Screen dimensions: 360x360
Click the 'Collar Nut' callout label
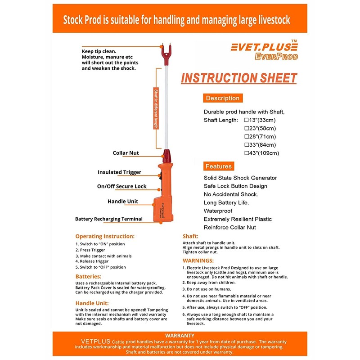point(126,153)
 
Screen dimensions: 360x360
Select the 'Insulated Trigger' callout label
point(119,172)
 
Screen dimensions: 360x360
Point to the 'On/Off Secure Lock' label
point(121,186)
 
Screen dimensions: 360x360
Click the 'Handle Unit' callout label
point(123,202)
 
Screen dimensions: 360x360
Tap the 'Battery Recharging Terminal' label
point(109,219)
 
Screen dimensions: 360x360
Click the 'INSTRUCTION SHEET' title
point(239,78)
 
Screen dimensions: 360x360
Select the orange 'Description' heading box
point(223,98)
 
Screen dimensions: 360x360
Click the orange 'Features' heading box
point(219,166)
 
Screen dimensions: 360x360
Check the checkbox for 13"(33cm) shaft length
point(246,120)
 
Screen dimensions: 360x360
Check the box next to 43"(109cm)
point(246,153)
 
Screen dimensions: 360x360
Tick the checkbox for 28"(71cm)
point(246,136)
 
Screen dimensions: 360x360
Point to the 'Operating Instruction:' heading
point(105,236)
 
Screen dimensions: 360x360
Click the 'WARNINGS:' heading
point(198,261)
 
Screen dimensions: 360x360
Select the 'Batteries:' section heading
point(89,276)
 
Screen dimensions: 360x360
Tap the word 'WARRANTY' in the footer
point(180,335)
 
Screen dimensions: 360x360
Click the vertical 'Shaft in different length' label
point(156,108)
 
